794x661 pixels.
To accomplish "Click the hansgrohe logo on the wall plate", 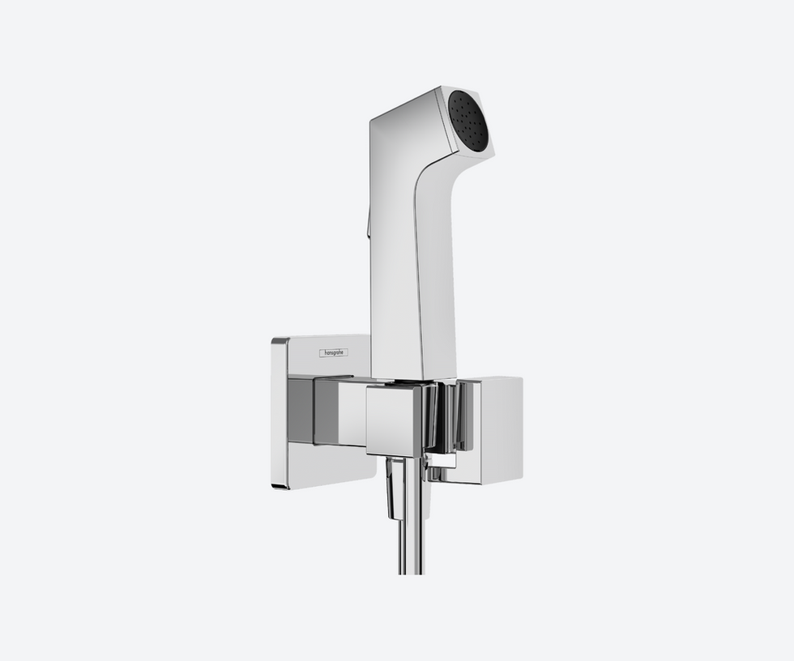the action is pos(333,352).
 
